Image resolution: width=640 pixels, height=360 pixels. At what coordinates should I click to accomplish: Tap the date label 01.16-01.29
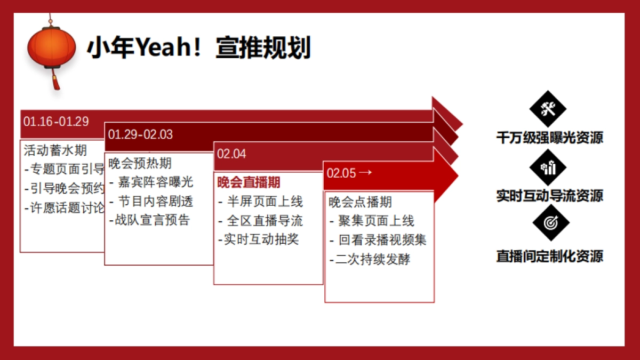[x=56, y=121]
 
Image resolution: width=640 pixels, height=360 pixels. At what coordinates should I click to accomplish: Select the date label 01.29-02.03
[x=140, y=134]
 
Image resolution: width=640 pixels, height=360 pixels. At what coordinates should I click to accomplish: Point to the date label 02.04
[x=231, y=154]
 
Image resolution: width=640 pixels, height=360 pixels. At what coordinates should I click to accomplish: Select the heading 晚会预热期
[x=140, y=163]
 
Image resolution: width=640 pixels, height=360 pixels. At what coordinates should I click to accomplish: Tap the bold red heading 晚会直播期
[x=249, y=182]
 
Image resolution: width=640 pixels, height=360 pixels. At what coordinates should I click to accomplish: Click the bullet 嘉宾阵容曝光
[x=155, y=182]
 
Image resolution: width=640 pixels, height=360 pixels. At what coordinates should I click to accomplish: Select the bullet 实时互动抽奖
[x=258, y=239]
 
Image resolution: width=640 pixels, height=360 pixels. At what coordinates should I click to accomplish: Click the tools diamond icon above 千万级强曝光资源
[x=548, y=109]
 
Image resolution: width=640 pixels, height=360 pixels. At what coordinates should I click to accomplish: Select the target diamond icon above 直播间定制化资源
[x=551, y=223]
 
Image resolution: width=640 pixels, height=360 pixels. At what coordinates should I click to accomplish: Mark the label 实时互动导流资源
[x=550, y=196]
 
